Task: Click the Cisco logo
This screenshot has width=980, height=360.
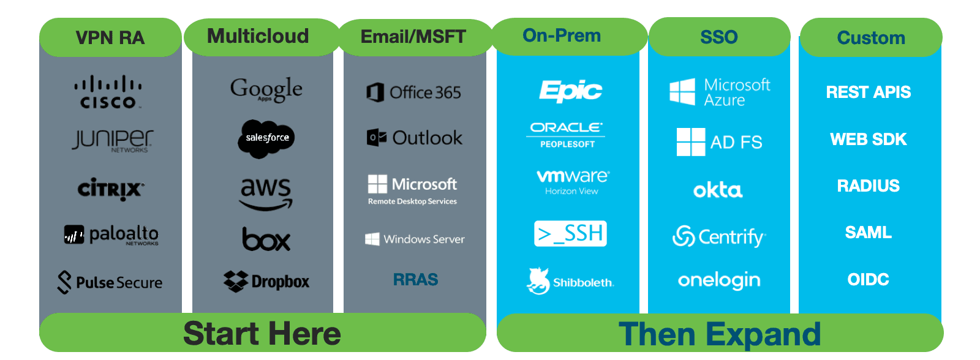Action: tap(108, 92)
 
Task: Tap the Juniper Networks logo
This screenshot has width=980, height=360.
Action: tap(113, 140)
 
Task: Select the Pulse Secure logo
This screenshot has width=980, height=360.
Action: tap(110, 282)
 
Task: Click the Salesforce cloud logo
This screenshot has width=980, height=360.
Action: tap(266, 138)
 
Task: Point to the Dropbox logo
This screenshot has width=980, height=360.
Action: tap(266, 282)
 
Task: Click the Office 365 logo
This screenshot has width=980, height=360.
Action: tap(413, 92)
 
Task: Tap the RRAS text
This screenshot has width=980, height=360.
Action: tap(415, 280)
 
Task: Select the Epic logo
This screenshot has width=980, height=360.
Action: tap(570, 91)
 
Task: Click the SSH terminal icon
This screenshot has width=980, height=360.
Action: tap(570, 233)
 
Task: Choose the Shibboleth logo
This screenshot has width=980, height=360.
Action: tap(570, 282)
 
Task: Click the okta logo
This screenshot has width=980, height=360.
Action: tap(718, 190)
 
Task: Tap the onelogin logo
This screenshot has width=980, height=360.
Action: tap(719, 280)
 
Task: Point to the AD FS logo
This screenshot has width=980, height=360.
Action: tap(719, 142)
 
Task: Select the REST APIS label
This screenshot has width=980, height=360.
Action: tap(868, 92)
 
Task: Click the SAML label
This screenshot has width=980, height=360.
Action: tap(868, 233)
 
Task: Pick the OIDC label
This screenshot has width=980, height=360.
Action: tap(868, 280)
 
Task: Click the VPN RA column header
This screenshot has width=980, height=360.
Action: tap(110, 38)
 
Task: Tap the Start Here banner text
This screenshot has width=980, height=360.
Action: tap(262, 334)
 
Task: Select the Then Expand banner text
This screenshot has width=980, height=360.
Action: tap(720, 334)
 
